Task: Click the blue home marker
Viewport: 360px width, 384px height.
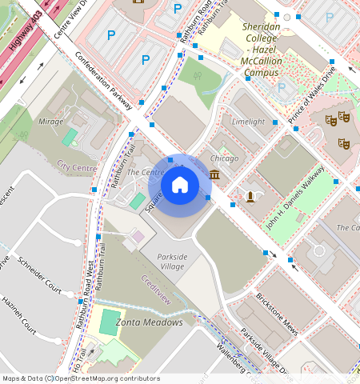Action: pos(180,186)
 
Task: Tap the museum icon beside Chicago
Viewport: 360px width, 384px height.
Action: pos(214,175)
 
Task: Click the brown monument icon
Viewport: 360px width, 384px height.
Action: pos(250,196)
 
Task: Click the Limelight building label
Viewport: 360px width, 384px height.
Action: pos(247,122)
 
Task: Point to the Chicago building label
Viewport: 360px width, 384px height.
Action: pos(226,158)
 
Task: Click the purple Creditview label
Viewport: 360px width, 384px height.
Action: pos(156,290)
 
